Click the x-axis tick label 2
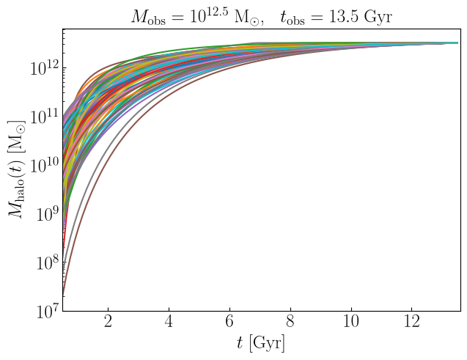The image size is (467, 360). tap(108, 322)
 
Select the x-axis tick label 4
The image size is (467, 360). tap(169, 322)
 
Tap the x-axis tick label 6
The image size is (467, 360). tap(229, 322)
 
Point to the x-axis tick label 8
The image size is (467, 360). tap(290, 322)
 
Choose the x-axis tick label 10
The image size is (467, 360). tap(351, 322)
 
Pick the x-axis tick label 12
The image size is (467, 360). tap(412, 322)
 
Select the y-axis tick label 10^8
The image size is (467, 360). tap(48, 262)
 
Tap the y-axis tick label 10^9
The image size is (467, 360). tap(48, 213)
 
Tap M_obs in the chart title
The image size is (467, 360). tap(148, 18)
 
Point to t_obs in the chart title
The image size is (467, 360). tap(293, 18)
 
